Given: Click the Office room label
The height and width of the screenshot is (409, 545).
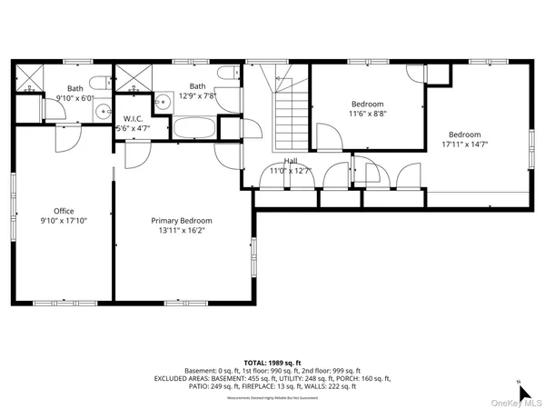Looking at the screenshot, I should click(63, 211).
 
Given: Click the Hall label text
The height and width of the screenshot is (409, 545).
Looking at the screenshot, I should click(290, 161).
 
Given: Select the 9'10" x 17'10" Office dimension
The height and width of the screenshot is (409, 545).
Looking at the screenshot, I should click(62, 221).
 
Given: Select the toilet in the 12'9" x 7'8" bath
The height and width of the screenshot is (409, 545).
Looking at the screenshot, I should click(224, 75).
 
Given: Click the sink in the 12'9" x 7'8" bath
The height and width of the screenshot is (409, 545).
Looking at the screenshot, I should click(164, 102).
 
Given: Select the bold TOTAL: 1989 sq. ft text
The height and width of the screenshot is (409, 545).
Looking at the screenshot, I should click(272, 362).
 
